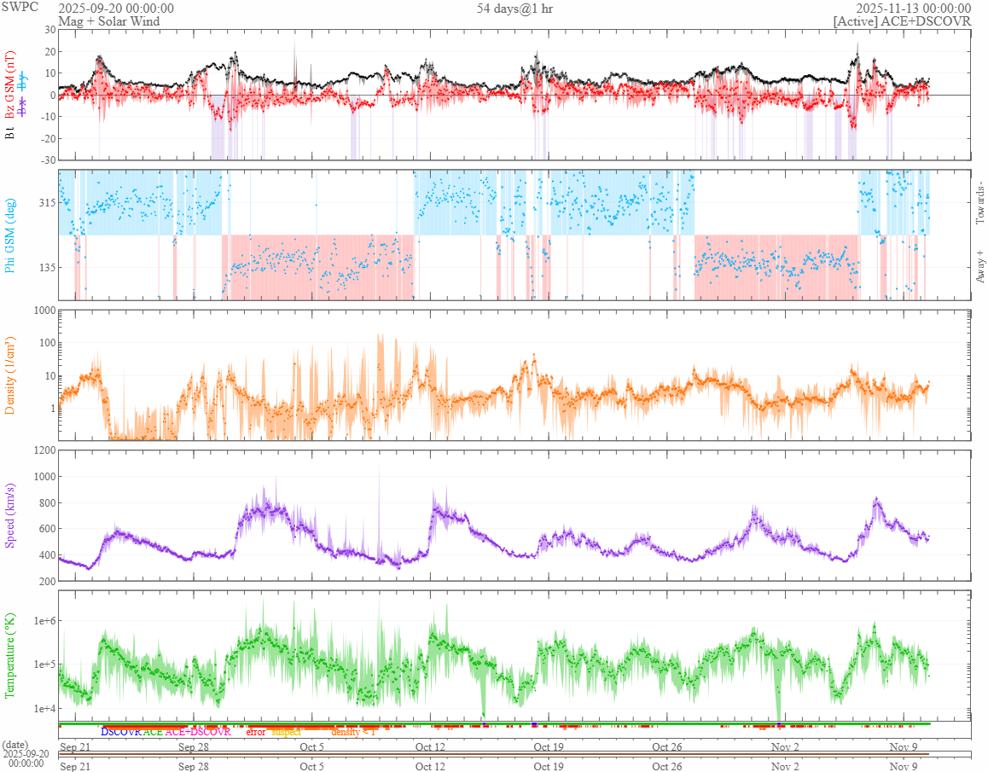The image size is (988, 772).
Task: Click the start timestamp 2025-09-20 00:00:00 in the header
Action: (116, 8)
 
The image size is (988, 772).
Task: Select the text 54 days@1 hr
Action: (514, 8)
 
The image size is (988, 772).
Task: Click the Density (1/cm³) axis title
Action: (10, 375)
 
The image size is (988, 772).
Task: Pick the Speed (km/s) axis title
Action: (10, 514)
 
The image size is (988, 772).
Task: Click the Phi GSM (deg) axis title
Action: (10, 235)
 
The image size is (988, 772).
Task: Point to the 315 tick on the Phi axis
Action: (46, 202)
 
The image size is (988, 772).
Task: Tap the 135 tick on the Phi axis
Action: (46, 267)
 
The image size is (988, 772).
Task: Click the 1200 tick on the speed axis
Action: (44, 450)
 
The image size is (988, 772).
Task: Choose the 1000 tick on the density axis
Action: (44, 311)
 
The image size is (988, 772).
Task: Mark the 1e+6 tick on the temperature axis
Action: (42, 620)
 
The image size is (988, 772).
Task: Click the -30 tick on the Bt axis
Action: (48, 160)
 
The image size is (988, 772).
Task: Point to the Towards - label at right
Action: (979, 203)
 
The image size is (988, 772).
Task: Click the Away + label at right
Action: (979, 267)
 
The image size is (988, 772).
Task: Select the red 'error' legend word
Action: (255, 732)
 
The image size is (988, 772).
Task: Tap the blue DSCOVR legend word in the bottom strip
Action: (120, 732)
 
